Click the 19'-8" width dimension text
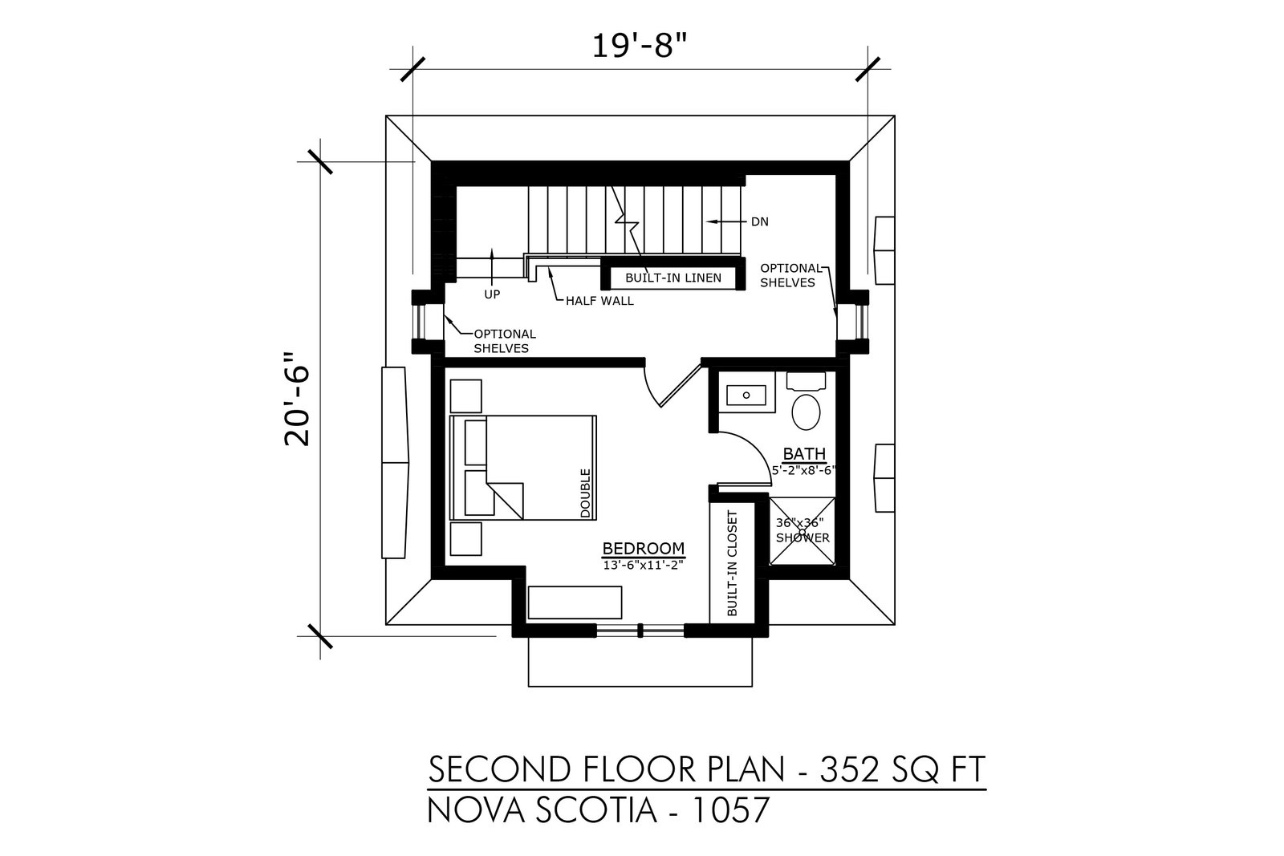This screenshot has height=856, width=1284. point(639,45)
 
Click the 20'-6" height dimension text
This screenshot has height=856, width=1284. point(297,399)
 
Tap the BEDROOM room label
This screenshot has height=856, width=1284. point(643,548)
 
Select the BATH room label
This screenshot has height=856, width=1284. point(804,454)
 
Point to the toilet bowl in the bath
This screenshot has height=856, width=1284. point(806,412)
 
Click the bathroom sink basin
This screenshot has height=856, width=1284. point(746,395)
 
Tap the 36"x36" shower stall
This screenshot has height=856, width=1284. point(802,530)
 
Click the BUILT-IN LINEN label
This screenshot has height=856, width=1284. point(673,278)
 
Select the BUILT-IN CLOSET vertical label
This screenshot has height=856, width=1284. point(732,563)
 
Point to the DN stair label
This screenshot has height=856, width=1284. point(759,221)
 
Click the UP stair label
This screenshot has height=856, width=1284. point(492,294)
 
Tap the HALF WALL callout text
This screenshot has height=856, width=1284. point(599,301)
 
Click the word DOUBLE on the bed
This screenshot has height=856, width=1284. point(585,493)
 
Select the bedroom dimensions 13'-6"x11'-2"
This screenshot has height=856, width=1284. point(643,565)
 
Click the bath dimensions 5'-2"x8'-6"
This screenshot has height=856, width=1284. point(804,470)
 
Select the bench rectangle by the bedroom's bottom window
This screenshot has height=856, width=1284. point(575,602)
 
